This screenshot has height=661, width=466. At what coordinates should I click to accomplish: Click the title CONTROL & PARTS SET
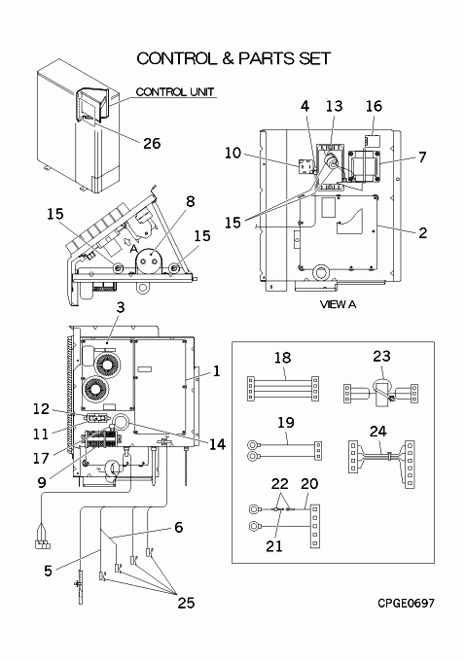coord(233,58)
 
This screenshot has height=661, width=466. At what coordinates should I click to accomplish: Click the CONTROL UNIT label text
coord(175,91)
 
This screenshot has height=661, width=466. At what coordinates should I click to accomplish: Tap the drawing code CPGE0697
coord(406,604)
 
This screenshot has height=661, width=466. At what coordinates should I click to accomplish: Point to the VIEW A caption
coord(338,304)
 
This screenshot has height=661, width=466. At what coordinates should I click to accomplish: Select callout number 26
coord(152,143)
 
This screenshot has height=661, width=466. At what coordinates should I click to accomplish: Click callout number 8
coord(191,201)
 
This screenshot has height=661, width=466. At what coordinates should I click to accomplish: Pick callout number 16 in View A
coord(374,106)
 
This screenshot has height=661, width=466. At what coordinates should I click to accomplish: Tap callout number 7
coord(422,157)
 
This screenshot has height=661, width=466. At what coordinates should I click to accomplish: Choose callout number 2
coord(422,232)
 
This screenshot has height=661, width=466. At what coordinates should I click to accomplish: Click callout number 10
coord(233,153)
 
